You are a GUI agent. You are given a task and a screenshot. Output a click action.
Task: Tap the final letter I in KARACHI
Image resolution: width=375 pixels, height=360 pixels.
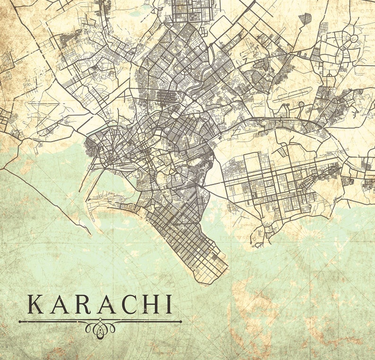click(168, 304)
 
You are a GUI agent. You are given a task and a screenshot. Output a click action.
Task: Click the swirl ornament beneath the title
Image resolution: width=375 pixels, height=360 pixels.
click(100, 327)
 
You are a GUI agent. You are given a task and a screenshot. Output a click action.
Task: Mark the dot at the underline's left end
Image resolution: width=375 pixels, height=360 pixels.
click(20, 322)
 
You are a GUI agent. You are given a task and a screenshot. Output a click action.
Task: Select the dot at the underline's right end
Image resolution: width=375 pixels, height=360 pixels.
click(180, 322)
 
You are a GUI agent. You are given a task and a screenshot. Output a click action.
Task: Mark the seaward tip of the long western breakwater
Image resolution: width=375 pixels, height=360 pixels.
click(89, 234)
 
